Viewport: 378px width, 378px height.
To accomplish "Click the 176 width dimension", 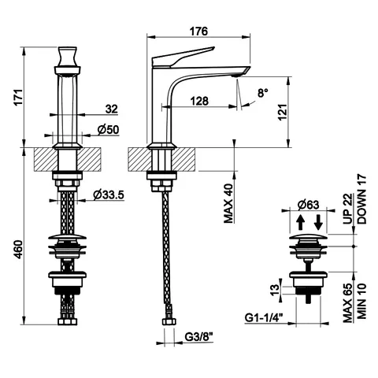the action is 198,31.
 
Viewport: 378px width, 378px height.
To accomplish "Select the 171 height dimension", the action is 19,98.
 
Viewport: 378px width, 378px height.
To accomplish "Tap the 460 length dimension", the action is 19,250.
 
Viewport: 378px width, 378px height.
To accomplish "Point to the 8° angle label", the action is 263,93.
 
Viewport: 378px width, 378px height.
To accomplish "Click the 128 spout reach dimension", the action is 199,101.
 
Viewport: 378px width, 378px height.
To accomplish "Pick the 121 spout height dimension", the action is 283,112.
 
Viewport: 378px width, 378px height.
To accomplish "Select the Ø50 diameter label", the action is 108,130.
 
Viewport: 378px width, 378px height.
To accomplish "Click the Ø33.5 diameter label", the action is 109,195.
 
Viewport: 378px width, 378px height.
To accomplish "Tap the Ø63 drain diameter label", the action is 309,205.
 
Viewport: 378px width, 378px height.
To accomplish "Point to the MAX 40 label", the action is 228,203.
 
